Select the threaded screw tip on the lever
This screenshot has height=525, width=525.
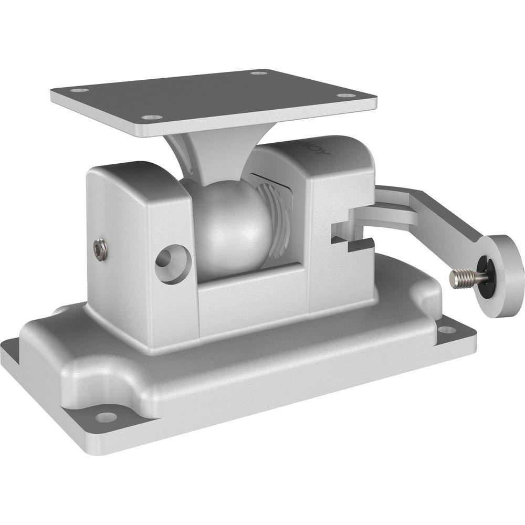pyautogui.click(x=458, y=279)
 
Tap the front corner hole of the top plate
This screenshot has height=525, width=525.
pyautogui.click(x=152, y=117)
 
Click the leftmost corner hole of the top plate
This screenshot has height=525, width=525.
pyautogui.click(x=79, y=90)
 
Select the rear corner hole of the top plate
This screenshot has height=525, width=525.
pyautogui.click(x=259, y=72)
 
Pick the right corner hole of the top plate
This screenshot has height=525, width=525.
pyautogui.click(x=345, y=96)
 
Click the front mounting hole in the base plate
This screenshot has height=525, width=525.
pyautogui.click(x=106, y=417)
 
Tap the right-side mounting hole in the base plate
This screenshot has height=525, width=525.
pyautogui.click(x=447, y=330)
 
